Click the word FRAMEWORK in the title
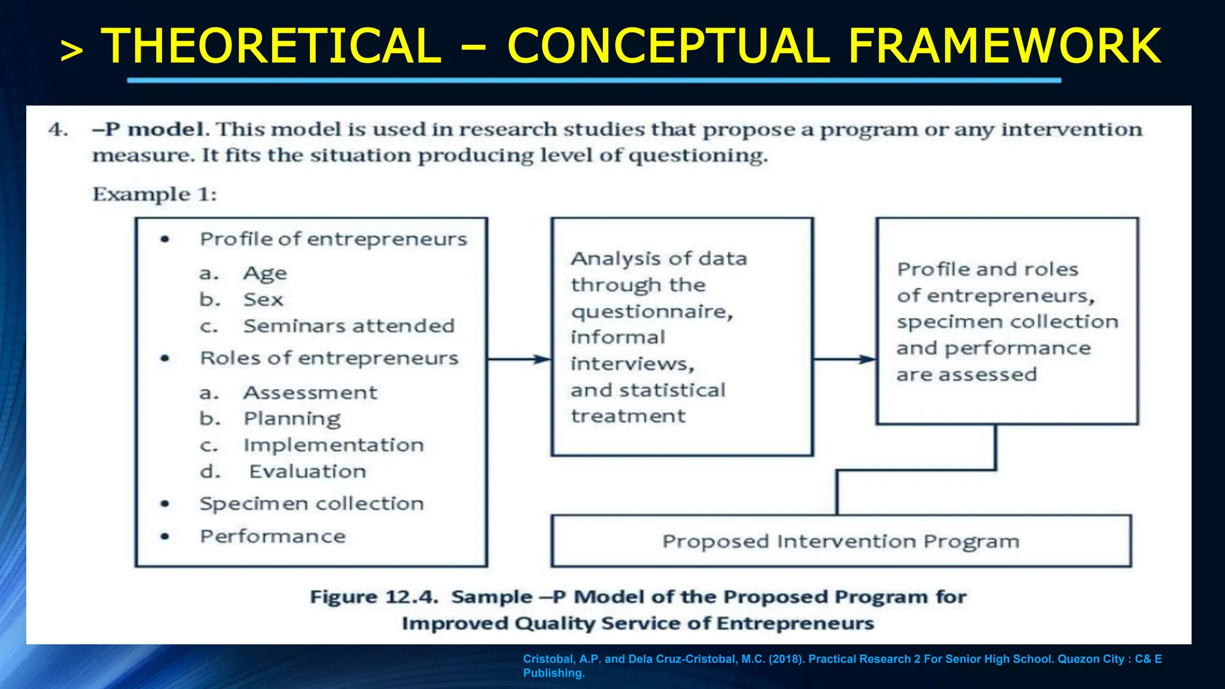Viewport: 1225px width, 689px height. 1004,46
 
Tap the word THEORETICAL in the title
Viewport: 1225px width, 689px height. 271,46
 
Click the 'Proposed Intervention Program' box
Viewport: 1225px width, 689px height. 840,541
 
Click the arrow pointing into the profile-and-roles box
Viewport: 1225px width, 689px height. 844,359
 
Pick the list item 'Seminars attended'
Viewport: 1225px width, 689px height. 349,326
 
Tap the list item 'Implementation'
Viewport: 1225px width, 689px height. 333,445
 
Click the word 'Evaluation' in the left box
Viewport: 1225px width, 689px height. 307,472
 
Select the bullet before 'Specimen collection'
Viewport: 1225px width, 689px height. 165,504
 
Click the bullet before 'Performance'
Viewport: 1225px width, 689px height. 165,536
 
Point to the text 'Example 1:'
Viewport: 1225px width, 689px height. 154,194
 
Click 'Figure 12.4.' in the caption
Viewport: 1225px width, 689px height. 374,597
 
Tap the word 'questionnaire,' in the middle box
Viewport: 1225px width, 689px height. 651,312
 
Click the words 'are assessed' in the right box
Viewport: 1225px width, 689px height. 966,375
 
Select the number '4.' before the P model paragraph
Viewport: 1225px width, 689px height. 58,129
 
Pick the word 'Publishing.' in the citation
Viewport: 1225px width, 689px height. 553,673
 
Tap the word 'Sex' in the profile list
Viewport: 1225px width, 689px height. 263,300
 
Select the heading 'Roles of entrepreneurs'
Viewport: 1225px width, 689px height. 329,358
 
